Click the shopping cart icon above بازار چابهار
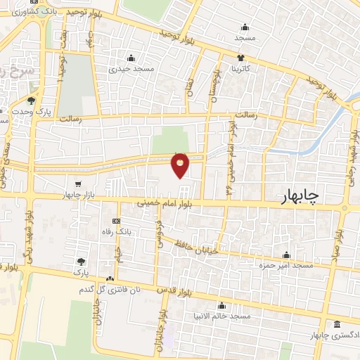[x=86, y=184]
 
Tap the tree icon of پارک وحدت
[x=31, y=101]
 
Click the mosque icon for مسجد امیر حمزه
[x=285, y=255]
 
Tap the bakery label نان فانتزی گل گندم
[x=108, y=289]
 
